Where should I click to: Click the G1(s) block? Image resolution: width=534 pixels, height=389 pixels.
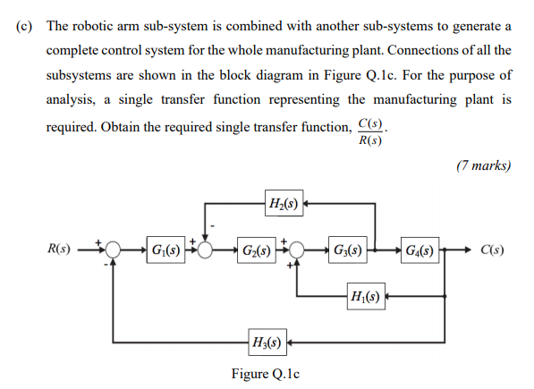tap(165, 249)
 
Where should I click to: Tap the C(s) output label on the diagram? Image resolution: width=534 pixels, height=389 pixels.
tap(490, 249)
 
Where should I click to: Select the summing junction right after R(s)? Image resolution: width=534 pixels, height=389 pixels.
tap(113, 249)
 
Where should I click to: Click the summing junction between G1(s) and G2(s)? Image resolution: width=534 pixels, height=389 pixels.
tap(207, 249)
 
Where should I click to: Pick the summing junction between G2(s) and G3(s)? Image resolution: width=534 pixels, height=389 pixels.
tap(296, 249)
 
